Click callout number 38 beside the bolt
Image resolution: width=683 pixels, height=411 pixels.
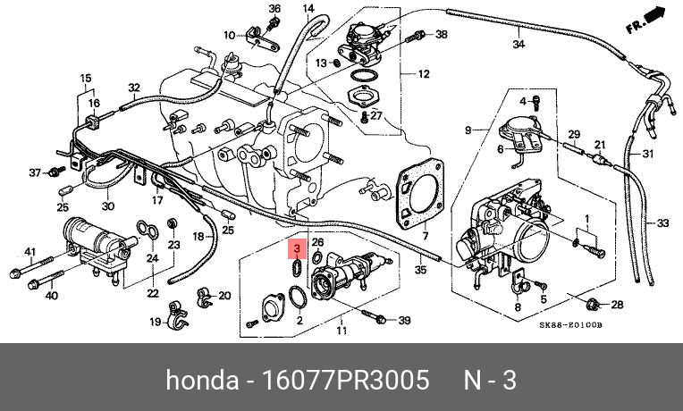click(441, 35)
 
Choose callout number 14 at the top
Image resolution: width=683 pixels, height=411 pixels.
click(308, 9)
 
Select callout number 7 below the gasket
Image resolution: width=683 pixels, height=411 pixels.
click(426, 236)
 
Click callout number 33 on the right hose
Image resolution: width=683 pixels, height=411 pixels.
click(662, 222)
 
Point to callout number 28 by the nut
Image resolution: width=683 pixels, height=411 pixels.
click(617, 305)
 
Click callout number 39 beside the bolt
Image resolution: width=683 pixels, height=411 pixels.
click(403, 319)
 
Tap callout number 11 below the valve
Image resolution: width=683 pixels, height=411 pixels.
click(341, 331)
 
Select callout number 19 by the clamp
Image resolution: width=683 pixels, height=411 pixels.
click(154, 322)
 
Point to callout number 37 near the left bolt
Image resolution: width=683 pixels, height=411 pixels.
click(36, 172)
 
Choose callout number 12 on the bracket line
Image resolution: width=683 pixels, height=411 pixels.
click(424, 74)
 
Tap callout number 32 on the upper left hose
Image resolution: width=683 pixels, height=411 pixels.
click(134, 88)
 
